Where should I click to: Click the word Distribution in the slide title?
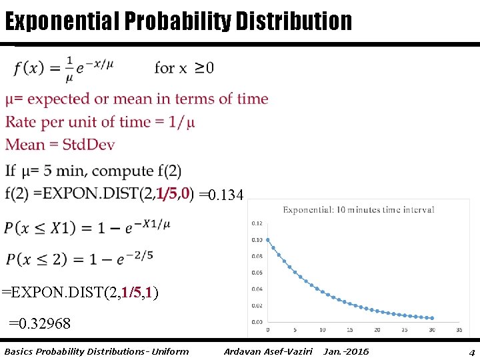[x=291, y=21]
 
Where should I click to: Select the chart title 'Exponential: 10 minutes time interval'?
[x=359, y=209]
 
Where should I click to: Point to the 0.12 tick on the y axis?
[x=257, y=224]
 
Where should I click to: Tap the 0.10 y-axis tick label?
[x=257, y=240]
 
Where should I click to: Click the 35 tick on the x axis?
[x=459, y=329]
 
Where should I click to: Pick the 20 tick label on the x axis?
[x=377, y=329]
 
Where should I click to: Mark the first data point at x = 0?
[x=268, y=240]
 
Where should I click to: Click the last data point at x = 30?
[x=432, y=318]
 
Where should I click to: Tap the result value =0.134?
[x=222, y=195]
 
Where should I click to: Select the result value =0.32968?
[x=39, y=324]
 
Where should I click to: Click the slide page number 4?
[x=471, y=352]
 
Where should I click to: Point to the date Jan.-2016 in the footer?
[x=345, y=351]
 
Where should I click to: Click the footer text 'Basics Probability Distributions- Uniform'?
[x=96, y=351]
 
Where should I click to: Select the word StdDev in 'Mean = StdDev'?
[x=90, y=145]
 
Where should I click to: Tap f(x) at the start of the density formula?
[x=29, y=68]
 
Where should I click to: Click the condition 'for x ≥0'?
[x=184, y=68]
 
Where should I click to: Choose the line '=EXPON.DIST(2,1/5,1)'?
[x=80, y=293]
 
